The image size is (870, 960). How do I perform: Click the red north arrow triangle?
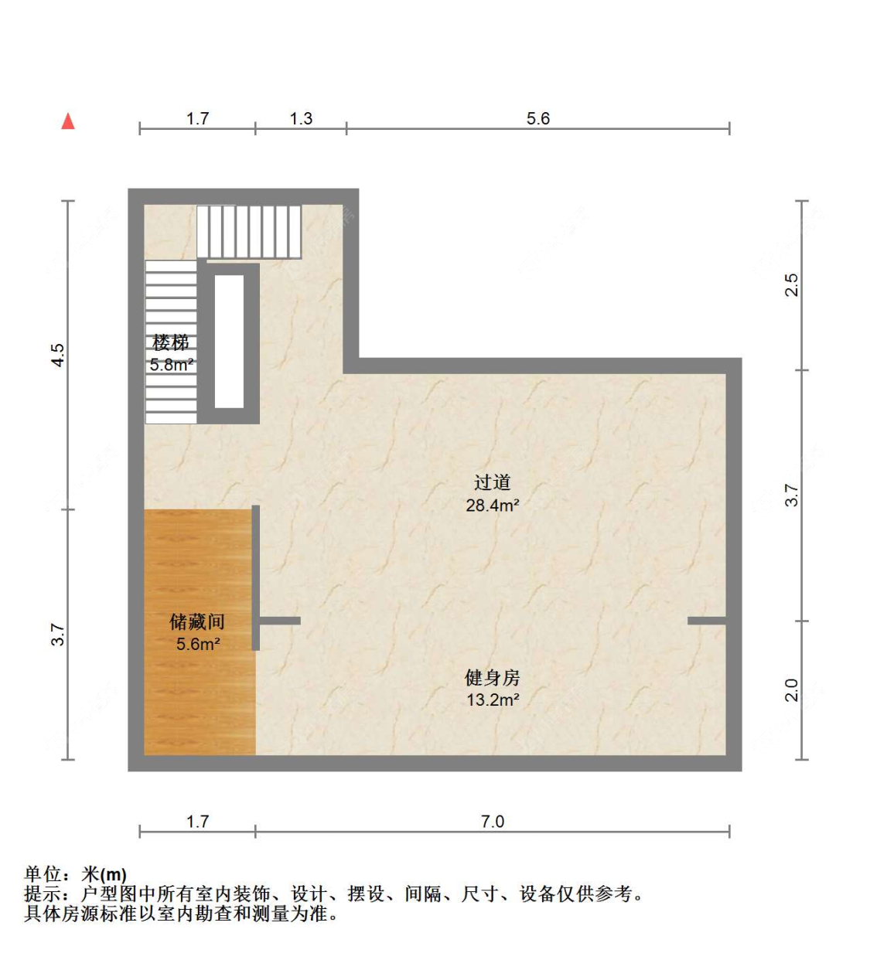click(x=68, y=121)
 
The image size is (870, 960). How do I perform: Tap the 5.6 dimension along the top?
click(x=537, y=118)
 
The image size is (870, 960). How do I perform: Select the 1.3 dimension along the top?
click(x=301, y=118)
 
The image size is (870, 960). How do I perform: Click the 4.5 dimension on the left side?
click(x=57, y=355)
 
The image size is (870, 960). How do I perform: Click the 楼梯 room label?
click(x=170, y=342)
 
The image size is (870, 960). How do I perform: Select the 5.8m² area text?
click(x=172, y=365)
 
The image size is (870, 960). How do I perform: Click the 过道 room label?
click(x=492, y=482)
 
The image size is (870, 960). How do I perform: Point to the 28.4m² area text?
click(x=492, y=506)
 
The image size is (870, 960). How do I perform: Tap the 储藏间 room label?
click(x=197, y=621)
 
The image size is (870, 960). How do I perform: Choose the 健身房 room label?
click(x=492, y=678)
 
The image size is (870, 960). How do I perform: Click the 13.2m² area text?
click(x=493, y=700)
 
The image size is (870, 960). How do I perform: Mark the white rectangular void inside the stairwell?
click(x=229, y=342)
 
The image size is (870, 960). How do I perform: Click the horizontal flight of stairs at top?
click(x=249, y=232)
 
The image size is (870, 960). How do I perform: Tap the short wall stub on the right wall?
click(x=707, y=621)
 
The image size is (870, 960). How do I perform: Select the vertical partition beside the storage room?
click(x=256, y=577)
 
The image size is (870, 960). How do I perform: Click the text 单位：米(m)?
click(x=75, y=874)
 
